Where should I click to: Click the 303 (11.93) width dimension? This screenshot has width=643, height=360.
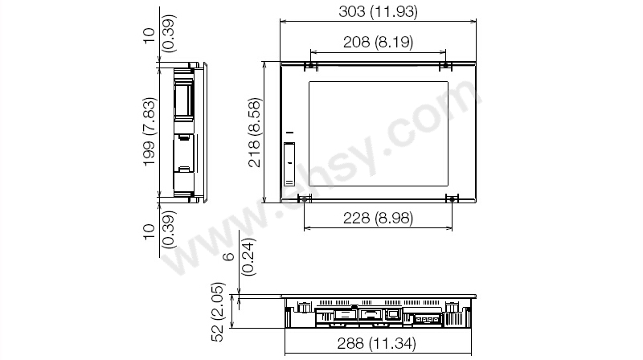coord(378,11)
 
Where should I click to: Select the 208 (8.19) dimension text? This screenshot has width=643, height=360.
coord(378,42)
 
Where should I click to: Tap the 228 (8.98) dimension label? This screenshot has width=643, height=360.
coord(378,218)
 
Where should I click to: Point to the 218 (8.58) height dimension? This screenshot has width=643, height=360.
coord(255,132)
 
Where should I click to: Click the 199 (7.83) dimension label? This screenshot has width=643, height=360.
coord(150,132)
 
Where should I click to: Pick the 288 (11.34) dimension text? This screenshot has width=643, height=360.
coord(376,343)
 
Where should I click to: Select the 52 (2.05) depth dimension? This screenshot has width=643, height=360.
coord(218,312)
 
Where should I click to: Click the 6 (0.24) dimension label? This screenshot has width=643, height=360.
coord(240,257)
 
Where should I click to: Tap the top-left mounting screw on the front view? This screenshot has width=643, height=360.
coord(311,65)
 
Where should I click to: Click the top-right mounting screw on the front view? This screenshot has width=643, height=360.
coord(445,65)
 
